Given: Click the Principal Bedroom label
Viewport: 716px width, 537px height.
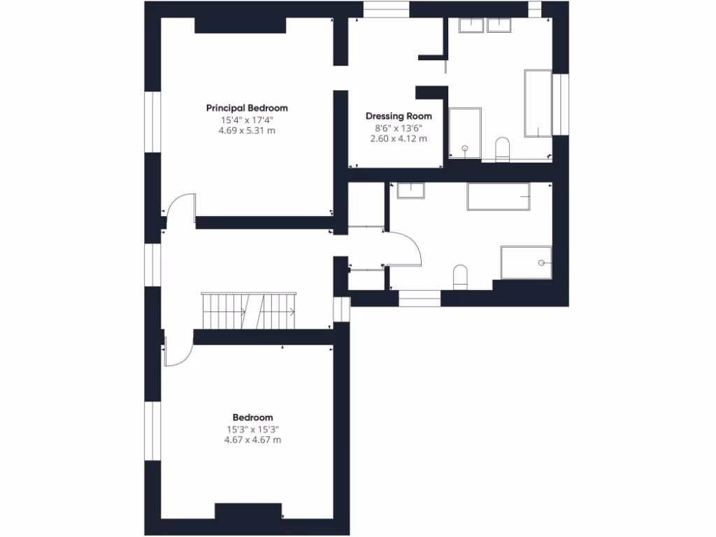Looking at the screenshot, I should pyautogui.click(x=247, y=108).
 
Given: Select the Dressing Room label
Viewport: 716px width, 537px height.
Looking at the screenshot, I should pyautogui.click(x=399, y=116).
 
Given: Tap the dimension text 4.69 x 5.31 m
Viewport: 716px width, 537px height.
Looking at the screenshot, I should pyautogui.click(x=247, y=131).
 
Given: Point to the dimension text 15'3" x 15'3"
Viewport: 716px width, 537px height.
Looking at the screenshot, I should pyautogui.click(x=252, y=429).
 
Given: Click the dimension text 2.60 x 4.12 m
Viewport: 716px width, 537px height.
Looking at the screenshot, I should pyautogui.click(x=399, y=139).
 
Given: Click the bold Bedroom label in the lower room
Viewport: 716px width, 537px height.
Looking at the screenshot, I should pyautogui.click(x=252, y=417).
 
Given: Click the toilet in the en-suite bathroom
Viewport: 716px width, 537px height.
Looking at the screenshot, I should pyautogui.click(x=502, y=149).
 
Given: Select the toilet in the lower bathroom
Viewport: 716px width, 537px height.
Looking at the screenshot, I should pyautogui.click(x=460, y=277).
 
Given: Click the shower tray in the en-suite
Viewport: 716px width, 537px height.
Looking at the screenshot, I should pyautogui.click(x=464, y=133).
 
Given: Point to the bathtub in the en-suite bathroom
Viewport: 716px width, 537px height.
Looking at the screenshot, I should pyautogui.click(x=538, y=103).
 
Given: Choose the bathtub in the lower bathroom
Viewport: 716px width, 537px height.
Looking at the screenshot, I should pyautogui.click(x=498, y=196).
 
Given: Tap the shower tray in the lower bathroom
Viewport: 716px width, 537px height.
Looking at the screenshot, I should pyautogui.click(x=526, y=262).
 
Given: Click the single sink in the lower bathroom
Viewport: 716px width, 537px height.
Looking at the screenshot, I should pyautogui.click(x=410, y=190).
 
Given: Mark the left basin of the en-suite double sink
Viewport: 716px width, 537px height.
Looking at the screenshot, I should pyautogui.click(x=471, y=25).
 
